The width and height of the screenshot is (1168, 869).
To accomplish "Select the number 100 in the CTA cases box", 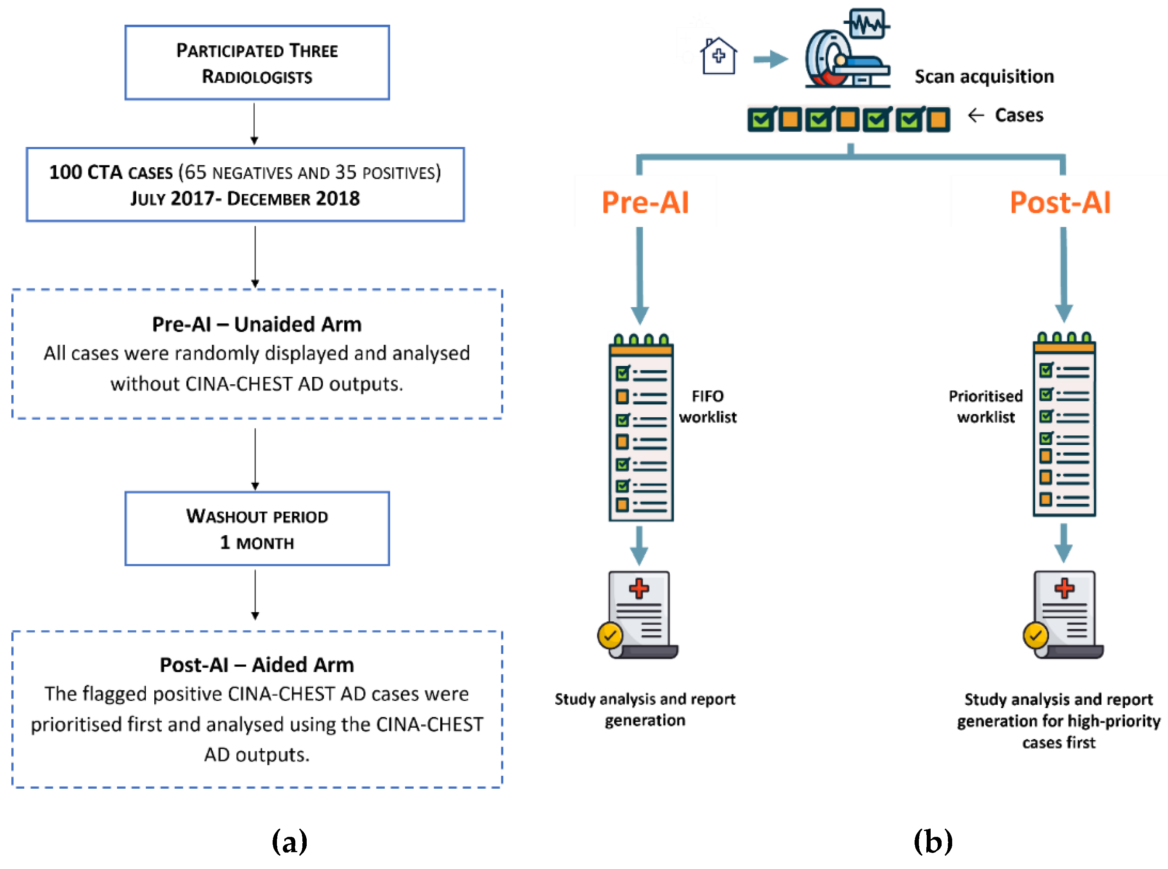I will (65, 172).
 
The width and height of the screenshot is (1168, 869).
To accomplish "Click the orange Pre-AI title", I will (645, 202).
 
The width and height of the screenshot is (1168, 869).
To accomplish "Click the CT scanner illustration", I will (847, 53).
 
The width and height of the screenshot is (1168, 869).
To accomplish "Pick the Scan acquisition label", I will (984, 77).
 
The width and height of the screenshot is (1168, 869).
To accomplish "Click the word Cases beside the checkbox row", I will (1019, 115).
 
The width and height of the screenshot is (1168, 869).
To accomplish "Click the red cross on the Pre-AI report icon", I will (639, 588).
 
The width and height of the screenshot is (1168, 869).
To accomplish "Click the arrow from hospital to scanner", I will (770, 58).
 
